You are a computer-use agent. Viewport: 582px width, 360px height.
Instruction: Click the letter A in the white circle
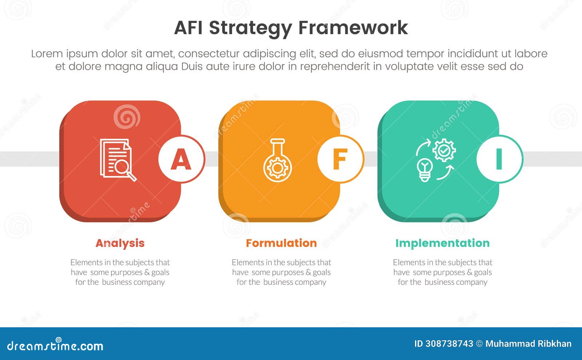(181, 159)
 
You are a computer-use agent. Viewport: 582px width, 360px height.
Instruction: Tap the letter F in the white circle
(340, 159)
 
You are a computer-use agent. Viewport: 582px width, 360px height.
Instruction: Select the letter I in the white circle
(499, 159)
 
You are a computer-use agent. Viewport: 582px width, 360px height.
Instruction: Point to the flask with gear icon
(278, 160)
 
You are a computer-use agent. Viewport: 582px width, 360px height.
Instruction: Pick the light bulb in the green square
(424, 169)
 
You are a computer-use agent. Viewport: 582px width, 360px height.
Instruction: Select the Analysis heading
(120, 243)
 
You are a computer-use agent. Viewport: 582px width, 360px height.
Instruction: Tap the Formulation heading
(281, 243)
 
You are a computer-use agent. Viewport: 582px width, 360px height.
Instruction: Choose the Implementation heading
(442, 243)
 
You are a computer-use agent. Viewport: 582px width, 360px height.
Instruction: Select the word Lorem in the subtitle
(47, 54)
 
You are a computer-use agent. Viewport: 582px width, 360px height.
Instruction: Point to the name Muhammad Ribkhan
(528, 344)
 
